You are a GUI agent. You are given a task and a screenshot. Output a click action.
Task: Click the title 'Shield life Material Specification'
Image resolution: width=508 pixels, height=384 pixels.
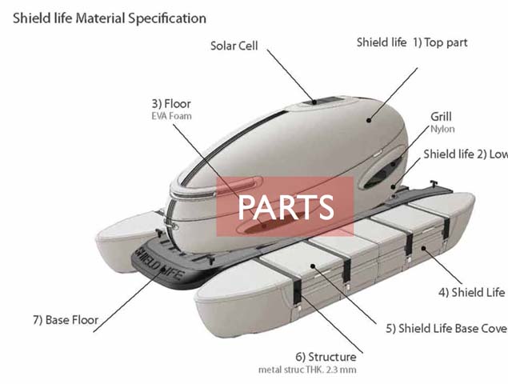(x=109, y=17)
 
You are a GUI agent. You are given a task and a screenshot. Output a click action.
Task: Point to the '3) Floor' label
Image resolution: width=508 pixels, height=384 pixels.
(x=171, y=103)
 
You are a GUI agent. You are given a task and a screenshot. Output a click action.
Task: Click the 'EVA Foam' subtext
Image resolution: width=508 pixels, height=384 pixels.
(x=172, y=117)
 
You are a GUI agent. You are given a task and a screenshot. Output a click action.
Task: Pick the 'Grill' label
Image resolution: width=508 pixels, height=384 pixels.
(x=441, y=116)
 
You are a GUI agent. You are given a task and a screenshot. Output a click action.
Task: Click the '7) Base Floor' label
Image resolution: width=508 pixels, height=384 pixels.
(x=66, y=320)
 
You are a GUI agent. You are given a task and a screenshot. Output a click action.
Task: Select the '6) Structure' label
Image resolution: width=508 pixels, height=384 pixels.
(x=326, y=357)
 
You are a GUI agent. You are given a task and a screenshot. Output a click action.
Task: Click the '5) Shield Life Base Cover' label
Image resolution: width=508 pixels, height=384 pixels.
(x=446, y=327)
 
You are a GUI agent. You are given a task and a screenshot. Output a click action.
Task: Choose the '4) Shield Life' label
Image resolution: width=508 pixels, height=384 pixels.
(x=472, y=292)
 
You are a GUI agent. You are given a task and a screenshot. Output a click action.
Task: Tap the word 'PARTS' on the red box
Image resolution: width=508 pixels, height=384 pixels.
(x=286, y=207)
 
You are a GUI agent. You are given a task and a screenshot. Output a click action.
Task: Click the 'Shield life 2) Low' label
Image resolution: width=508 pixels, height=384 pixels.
(x=465, y=154)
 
